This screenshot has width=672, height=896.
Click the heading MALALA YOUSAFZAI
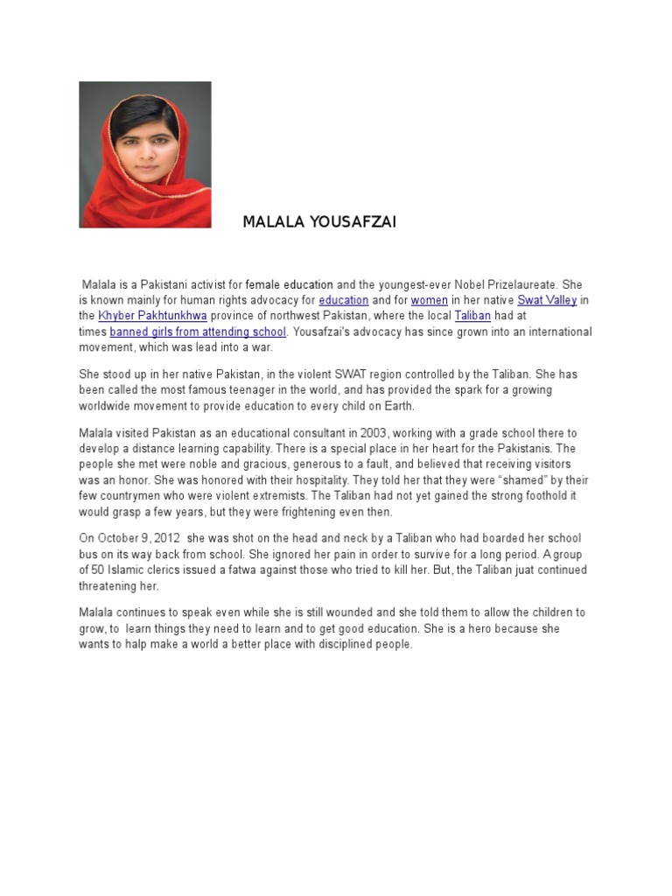[318, 222]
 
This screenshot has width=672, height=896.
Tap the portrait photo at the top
[145, 155]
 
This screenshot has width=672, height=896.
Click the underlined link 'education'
[343, 300]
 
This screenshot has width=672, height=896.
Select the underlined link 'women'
[429, 300]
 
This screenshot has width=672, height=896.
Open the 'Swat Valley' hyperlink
[547, 300]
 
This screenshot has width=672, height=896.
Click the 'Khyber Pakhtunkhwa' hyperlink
[152, 316]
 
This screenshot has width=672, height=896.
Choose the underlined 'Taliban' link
[472, 316]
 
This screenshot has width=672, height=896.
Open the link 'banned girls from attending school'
[198, 332]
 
